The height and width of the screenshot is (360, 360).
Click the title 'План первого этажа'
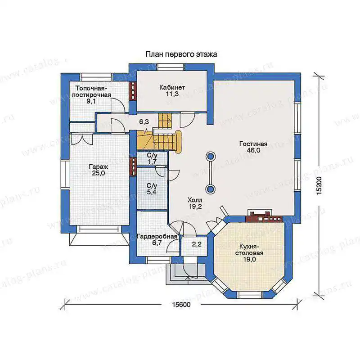(181, 54)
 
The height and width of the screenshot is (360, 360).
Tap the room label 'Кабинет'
(172, 87)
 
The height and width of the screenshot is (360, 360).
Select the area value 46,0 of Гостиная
(253, 150)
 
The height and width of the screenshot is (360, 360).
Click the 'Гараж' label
(99, 166)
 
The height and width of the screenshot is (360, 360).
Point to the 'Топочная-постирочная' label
(91, 91)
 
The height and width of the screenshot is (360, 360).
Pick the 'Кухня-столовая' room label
(249, 250)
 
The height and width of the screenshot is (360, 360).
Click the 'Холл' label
(195, 200)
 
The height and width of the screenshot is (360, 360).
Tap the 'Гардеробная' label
(157, 237)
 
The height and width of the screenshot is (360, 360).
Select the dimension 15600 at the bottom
(181, 305)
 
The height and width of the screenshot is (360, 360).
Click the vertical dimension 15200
(319, 186)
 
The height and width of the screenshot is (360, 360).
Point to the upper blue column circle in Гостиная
(210, 157)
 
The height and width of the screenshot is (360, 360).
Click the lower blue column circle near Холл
(210, 189)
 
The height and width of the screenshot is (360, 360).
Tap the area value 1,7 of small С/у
(152, 162)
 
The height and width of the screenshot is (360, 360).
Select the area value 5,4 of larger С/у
(152, 192)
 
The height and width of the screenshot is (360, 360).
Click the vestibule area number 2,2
(197, 244)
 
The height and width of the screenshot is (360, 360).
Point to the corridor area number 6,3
(144, 121)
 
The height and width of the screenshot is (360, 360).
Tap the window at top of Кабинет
(171, 67)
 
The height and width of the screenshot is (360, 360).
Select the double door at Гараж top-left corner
(82, 139)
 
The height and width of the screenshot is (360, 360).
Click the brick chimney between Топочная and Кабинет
(133, 91)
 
